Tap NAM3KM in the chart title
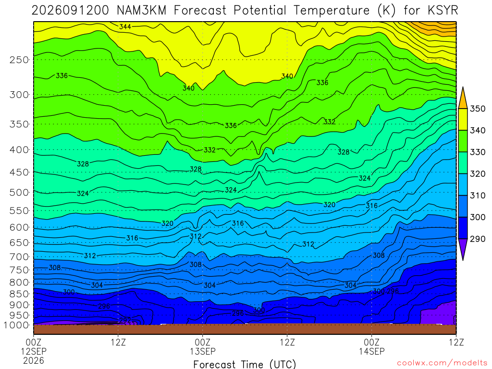[141, 11]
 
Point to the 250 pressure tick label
[19, 60]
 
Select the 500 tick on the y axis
[19, 192]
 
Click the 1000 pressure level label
[17, 325]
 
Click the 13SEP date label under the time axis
[202, 351]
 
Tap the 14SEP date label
[372, 351]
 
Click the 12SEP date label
[34, 351]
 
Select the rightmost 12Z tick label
[456, 342]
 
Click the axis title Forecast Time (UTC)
[245, 364]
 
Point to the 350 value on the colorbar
[477, 109]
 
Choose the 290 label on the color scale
[477, 239]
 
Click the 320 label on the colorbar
[477, 173]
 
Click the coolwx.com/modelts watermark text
[442, 363]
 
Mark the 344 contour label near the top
[125, 27]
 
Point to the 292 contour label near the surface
[125, 320]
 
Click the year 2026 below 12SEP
[34, 361]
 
